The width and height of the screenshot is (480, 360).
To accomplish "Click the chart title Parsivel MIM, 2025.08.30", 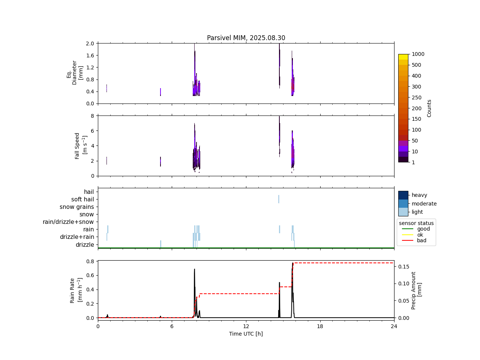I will [x=246, y=38].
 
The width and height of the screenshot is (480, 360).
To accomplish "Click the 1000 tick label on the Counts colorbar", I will [x=418, y=54].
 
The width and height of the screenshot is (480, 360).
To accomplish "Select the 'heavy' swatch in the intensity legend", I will [x=403, y=195].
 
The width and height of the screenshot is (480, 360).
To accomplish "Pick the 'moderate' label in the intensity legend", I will [x=424, y=204].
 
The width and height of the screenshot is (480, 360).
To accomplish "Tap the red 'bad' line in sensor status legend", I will [x=407, y=241].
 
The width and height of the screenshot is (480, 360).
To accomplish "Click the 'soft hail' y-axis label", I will [x=82, y=199].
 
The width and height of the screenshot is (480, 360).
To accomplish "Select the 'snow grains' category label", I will [x=77, y=207].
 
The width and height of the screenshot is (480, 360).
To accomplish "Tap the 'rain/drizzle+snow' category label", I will [x=68, y=222].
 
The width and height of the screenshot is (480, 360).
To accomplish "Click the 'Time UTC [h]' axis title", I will [x=246, y=334].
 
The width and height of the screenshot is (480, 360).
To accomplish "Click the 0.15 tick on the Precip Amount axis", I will [x=403, y=267].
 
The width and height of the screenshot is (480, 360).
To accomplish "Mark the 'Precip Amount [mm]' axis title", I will [x=416, y=291].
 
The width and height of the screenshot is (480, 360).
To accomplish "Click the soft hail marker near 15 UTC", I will [x=279, y=199].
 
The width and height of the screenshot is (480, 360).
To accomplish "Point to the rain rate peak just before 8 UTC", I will [x=194, y=269].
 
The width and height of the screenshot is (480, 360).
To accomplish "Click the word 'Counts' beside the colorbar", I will [x=429, y=108].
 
